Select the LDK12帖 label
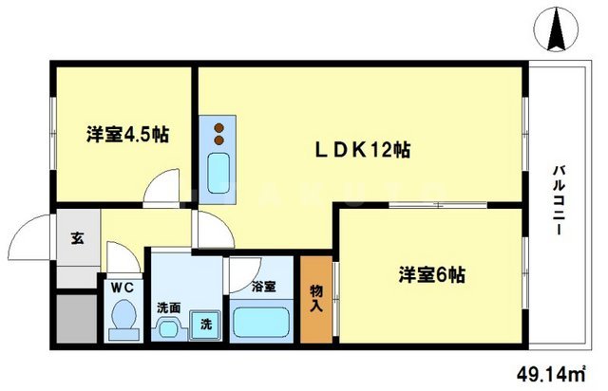click(362, 150)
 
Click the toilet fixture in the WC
click(122, 319)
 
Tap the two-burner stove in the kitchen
click(220, 129)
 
